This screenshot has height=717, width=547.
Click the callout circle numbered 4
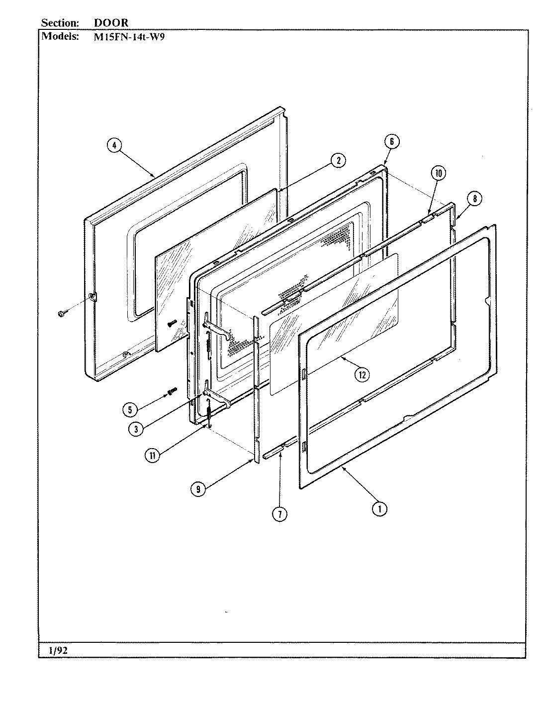114,146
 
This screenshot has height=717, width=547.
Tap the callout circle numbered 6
391,142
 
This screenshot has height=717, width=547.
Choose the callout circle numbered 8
474,199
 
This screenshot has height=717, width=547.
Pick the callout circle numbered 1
380,508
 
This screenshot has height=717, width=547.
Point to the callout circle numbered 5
130,409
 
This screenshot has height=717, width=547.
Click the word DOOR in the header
111,23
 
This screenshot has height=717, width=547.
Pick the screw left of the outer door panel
63,313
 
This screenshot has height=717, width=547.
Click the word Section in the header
60,23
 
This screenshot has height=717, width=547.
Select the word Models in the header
60,36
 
